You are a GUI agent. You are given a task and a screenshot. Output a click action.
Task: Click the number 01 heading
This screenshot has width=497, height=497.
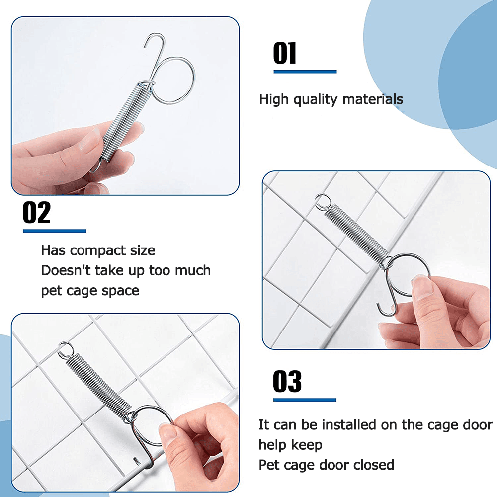[x=285, y=53]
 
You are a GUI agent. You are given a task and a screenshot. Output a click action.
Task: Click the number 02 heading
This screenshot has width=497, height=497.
[x=36, y=212]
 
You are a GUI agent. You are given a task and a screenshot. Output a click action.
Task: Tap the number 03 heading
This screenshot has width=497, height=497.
[x=287, y=381]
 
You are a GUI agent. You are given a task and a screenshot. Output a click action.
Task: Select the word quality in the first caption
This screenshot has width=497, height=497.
[x=315, y=99]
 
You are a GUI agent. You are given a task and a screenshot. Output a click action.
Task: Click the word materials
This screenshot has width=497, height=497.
[x=373, y=99]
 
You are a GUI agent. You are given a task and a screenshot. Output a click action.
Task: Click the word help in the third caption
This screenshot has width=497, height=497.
[x=272, y=445]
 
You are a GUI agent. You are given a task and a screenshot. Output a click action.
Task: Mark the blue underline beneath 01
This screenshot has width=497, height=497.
[x=305, y=72]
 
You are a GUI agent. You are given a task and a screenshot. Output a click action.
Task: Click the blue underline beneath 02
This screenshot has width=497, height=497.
[x=55, y=231]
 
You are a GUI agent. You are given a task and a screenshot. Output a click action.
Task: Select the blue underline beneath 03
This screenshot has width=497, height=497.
[x=305, y=400]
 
